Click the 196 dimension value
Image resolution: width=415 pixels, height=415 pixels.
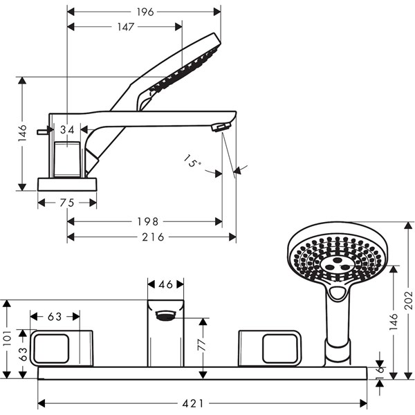[145, 12]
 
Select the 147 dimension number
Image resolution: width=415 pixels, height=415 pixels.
[126, 27]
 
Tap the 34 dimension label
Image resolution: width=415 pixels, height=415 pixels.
[67, 130]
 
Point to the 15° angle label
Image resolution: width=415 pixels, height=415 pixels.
[192, 160]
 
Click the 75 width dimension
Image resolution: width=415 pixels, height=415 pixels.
[67, 203]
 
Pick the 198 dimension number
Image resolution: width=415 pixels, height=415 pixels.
[148, 221]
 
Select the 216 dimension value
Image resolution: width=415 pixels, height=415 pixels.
[154, 237]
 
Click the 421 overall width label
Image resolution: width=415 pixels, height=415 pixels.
[193, 404]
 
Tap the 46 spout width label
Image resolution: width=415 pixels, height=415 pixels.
[165, 284]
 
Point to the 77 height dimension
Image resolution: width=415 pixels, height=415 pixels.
[202, 344]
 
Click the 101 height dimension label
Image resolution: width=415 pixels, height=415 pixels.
[7, 338]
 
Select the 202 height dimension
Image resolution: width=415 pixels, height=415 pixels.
[409, 300]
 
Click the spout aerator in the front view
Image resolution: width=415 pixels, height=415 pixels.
[165, 316]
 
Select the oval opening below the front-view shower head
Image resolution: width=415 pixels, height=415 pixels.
[338, 293]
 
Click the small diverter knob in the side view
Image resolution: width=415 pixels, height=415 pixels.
[43, 131]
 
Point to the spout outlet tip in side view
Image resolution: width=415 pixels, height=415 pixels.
[221, 127]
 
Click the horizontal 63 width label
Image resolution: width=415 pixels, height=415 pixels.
[55, 316]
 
